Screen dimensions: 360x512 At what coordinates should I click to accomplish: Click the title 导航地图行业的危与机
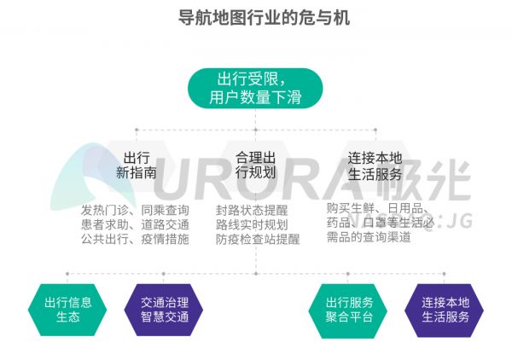pos(255,18)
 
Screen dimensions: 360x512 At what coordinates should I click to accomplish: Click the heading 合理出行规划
pos(255,165)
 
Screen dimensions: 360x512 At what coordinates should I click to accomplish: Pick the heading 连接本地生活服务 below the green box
pos(375,165)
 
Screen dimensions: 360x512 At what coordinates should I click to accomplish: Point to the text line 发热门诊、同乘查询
pos(135,210)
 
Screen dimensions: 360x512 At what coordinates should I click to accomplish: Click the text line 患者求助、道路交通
pos(135,224)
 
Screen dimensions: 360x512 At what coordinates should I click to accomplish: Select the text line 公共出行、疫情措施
pos(135,239)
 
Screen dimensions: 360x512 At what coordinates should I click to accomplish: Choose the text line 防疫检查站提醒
pos(258,239)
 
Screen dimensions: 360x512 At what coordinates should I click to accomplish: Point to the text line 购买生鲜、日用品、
pos(379,208)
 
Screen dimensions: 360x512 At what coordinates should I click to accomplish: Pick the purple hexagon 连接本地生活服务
pos(445,309)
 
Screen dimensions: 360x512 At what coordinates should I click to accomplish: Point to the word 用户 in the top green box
pos(224,97)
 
